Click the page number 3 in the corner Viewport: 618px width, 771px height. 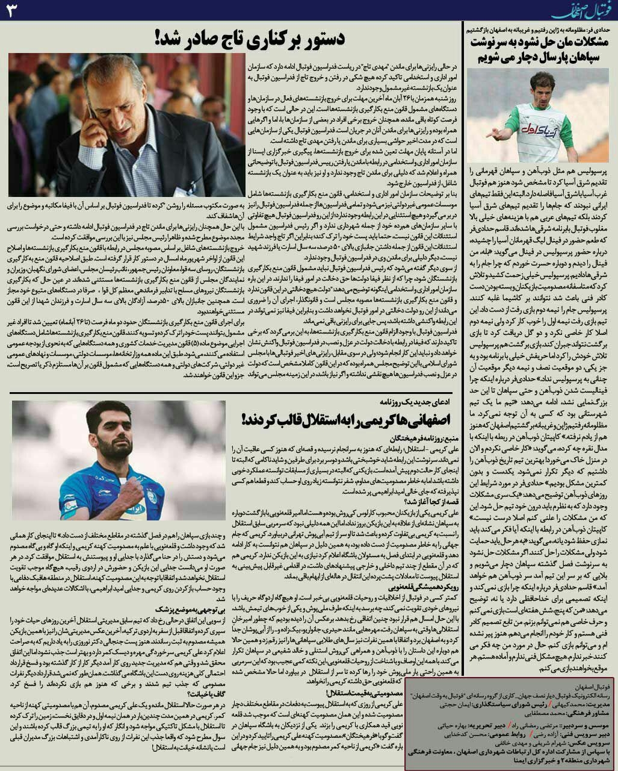pyautogui.click(x=13, y=11)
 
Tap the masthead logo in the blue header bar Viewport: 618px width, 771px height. pyautogui.click(x=576, y=11)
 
